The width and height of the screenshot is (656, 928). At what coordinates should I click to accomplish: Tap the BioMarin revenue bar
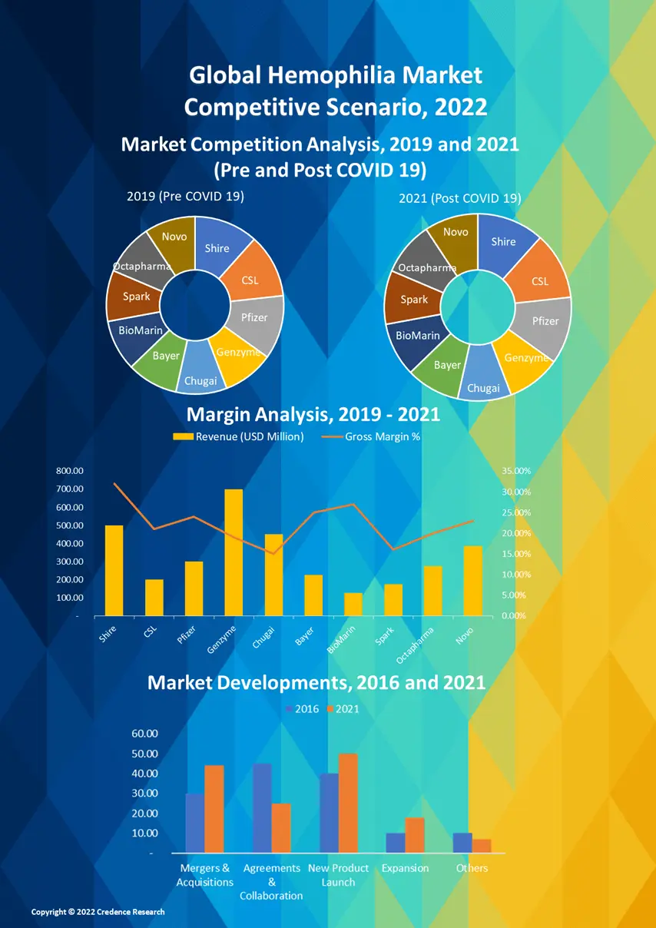click(353, 604)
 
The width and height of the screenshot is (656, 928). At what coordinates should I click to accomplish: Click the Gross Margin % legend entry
click(373, 437)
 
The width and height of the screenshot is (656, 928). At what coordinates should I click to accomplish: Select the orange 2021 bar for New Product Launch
click(348, 803)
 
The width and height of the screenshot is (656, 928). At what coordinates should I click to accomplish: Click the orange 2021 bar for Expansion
click(415, 835)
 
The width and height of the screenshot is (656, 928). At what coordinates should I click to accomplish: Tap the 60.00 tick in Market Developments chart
click(145, 734)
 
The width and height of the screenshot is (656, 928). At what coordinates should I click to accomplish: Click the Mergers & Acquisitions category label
click(204, 875)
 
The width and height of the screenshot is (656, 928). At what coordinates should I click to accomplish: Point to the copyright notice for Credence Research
click(98, 912)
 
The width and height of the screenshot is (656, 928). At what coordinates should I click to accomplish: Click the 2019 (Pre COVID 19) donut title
click(185, 197)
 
